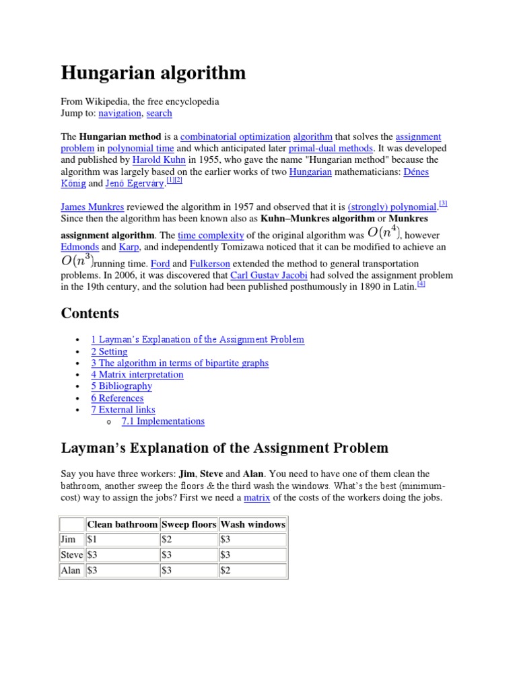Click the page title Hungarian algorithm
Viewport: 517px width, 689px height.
tap(153, 73)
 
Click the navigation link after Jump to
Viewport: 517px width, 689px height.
tap(120, 113)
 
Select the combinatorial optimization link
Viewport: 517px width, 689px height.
tap(236, 137)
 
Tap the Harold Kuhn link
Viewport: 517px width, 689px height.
tap(156, 160)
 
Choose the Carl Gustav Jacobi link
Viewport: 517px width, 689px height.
tap(269, 276)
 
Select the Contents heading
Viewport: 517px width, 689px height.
tap(90, 314)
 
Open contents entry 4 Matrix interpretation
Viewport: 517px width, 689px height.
tap(137, 374)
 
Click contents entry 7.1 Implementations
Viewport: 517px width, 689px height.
tap(163, 421)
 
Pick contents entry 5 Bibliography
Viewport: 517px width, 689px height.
tap(121, 386)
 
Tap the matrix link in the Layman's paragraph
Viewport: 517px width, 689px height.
tap(256, 497)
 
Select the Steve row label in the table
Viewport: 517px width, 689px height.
tap(71, 555)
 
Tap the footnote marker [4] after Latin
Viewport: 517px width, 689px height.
tap(421, 284)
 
